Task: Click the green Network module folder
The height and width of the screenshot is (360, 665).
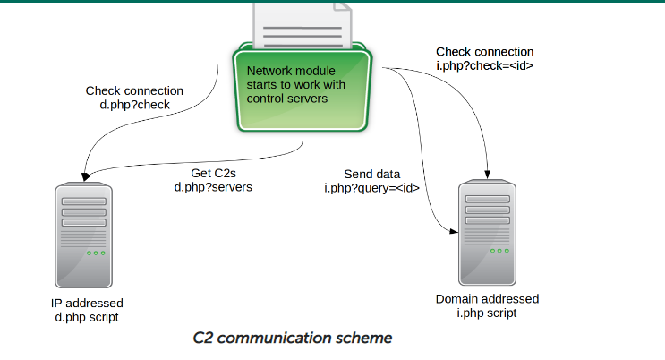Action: (x=303, y=87)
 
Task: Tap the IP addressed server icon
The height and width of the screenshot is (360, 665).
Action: (x=84, y=236)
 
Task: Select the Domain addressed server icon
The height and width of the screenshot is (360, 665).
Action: (x=487, y=233)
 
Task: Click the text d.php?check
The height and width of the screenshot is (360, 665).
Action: (x=135, y=105)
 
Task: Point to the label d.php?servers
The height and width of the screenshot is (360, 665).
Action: (x=213, y=187)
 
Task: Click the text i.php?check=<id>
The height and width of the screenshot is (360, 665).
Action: (x=484, y=65)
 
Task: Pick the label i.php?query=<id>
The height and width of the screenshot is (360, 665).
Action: (x=371, y=188)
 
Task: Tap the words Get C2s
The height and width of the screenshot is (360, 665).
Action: (x=213, y=173)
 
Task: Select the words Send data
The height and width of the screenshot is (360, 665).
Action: (x=372, y=174)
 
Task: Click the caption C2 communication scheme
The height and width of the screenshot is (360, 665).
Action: (x=292, y=338)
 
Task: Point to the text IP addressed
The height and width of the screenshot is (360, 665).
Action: (x=87, y=303)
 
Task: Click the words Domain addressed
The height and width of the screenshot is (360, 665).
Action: (x=487, y=299)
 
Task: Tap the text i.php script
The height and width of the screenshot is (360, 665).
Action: (x=487, y=313)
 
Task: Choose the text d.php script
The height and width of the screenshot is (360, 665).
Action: (x=87, y=318)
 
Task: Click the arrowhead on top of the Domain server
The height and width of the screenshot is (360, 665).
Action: (x=487, y=174)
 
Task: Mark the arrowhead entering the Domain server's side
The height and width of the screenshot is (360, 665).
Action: (x=454, y=231)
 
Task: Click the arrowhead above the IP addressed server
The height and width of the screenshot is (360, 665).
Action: (x=86, y=176)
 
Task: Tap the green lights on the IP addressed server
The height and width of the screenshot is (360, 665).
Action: (x=96, y=253)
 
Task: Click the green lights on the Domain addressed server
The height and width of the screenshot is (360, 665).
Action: (x=499, y=251)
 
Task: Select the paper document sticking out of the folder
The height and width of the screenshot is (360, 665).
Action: (x=303, y=25)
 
